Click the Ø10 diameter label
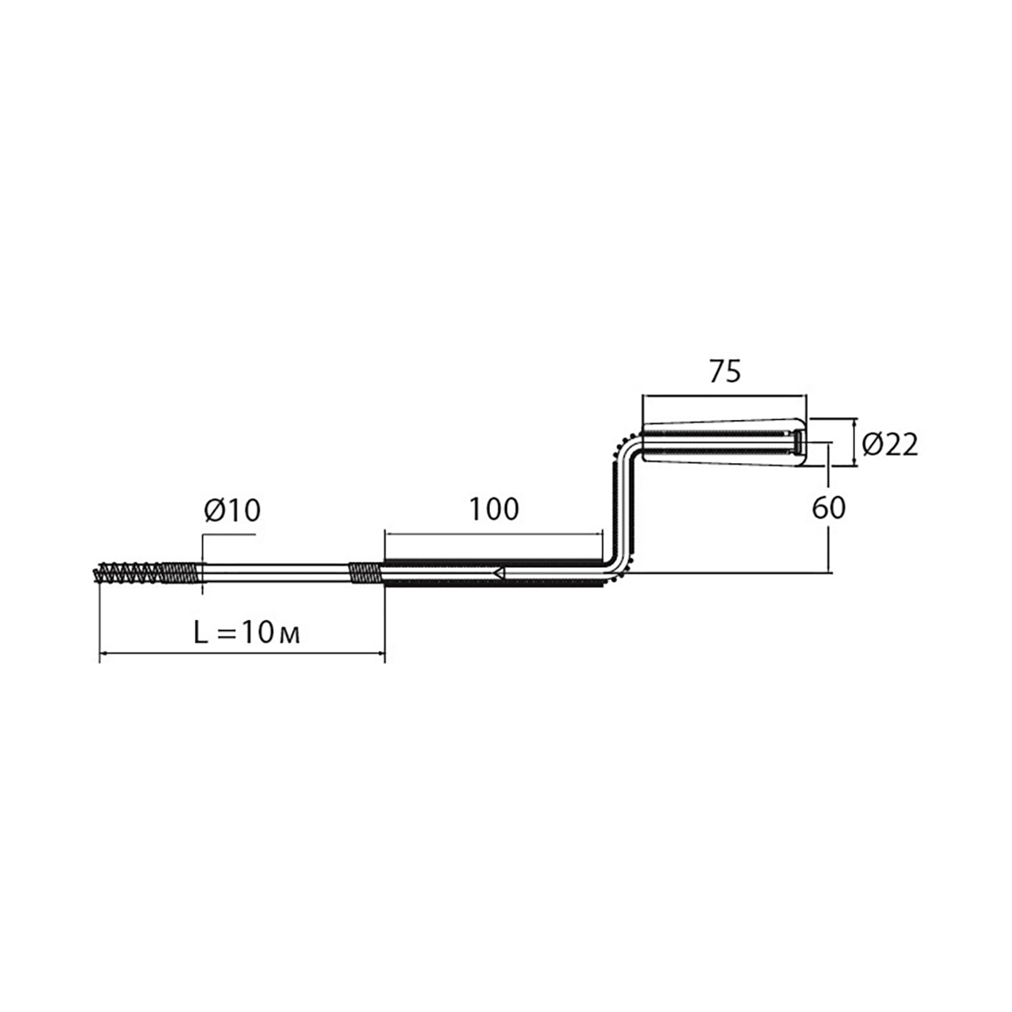pyautogui.click(x=232, y=510)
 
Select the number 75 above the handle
pyautogui.click(x=724, y=371)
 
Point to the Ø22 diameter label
pyautogui.click(x=890, y=444)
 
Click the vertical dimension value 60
pyautogui.click(x=829, y=508)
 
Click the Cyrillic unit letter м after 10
pyautogui.click(x=289, y=636)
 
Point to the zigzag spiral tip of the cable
pyautogui.click(x=130, y=573)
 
